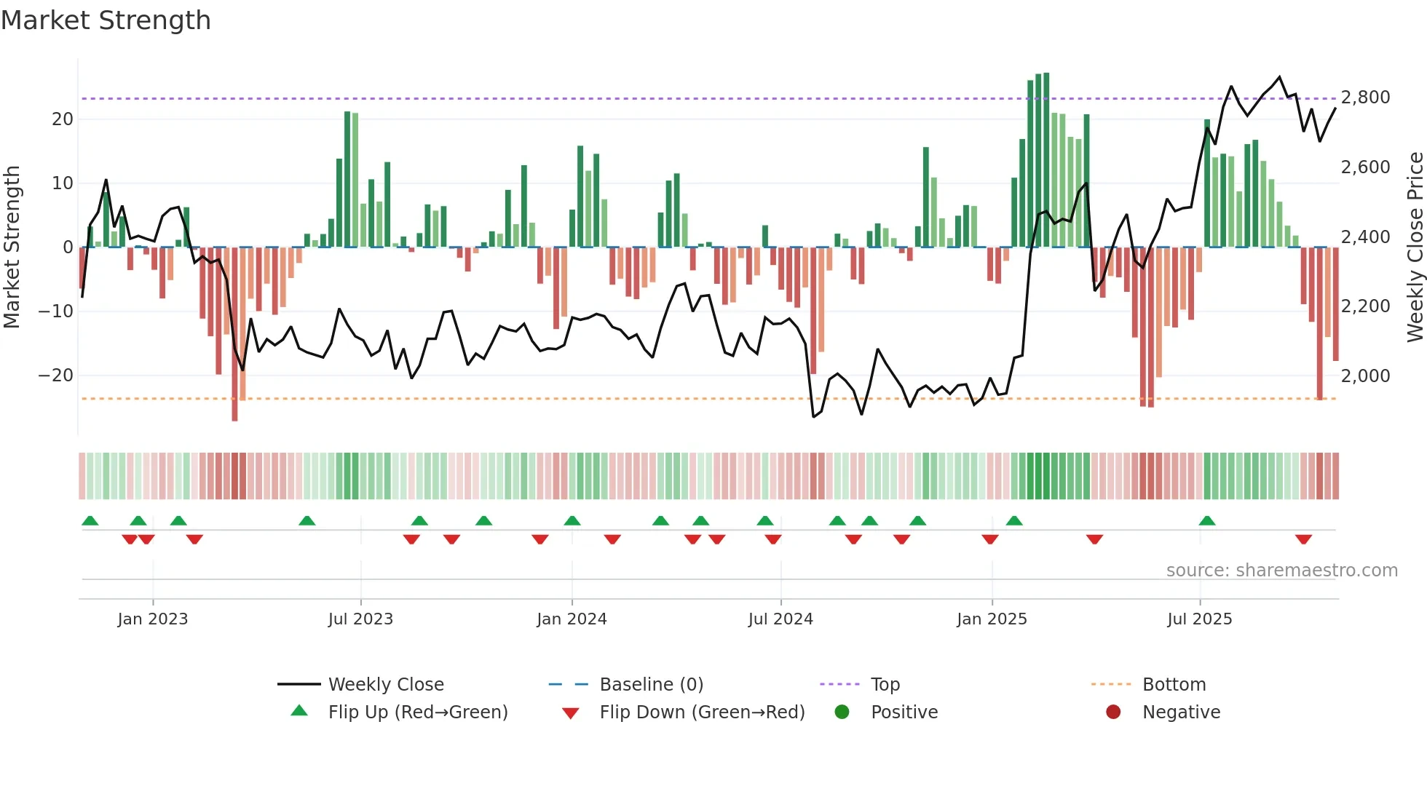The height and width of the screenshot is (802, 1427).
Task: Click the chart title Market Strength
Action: (106, 20)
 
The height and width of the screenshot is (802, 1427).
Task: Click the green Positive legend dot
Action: (842, 712)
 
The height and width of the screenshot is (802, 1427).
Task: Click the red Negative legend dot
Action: (1113, 712)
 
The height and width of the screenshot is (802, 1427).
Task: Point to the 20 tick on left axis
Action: (63, 119)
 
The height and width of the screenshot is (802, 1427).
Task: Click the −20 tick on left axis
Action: (56, 376)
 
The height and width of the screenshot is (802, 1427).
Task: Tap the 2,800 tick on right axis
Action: (1365, 98)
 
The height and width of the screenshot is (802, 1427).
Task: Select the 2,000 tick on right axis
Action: (1365, 376)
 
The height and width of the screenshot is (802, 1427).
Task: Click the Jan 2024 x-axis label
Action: (572, 619)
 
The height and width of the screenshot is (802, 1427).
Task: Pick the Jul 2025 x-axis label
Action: (1199, 619)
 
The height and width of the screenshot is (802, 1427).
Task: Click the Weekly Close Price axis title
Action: (1415, 247)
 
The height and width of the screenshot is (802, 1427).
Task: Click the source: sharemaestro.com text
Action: (1281, 571)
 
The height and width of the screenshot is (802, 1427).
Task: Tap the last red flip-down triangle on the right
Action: (1303, 539)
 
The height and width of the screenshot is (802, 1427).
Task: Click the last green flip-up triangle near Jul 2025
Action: (1206, 520)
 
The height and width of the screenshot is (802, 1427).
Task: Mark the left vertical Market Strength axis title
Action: (12, 247)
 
